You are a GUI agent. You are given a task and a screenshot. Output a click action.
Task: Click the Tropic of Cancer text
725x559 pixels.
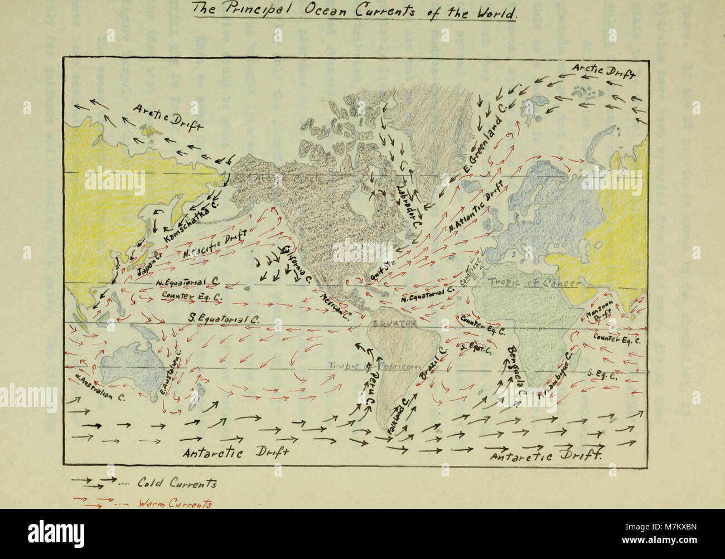pyautogui.click(x=535, y=283)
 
